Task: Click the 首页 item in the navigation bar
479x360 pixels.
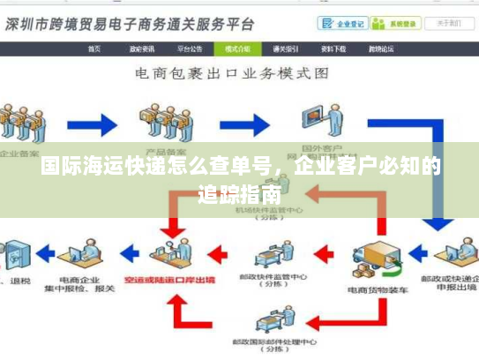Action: click(94, 49)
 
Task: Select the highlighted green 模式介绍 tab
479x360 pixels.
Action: click(237, 49)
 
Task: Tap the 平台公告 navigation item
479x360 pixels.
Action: click(190, 49)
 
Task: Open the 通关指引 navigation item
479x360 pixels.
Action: click(285, 49)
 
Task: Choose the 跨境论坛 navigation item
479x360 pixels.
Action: click(380, 49)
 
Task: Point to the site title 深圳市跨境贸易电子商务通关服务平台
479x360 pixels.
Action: click(131, 24)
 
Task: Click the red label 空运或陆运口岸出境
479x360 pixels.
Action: click(183, 279)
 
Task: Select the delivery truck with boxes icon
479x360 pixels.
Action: click(376, 256)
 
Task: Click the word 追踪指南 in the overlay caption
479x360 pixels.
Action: click(240, 193)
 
